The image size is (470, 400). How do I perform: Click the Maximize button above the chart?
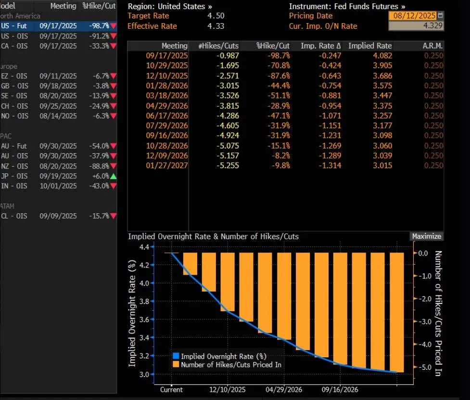(x=426, y=236)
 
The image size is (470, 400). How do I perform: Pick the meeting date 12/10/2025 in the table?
(x=166, y=76)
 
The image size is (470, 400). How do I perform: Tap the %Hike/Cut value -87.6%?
(x=279, y=76)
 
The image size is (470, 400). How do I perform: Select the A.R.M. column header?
(x=432, y=46)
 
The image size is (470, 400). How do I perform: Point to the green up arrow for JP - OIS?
(x=113, y=176)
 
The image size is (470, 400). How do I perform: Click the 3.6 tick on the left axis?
(x=143, y=319)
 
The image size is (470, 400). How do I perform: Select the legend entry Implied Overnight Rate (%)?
(x=223, y=356)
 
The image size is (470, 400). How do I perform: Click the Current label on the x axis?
(x=171, y=389)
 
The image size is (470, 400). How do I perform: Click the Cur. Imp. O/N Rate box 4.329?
(x=416, y=26)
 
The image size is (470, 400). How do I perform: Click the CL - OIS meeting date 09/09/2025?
(x=58, y=216)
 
